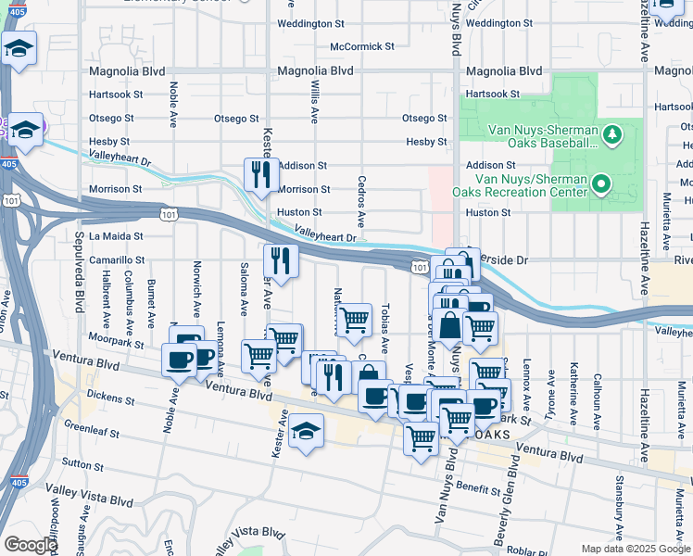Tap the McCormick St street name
[362, 46]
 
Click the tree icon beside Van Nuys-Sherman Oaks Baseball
[611, 136]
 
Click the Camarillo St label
[117, 261]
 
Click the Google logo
[31, 545]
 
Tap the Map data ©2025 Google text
[635, 549]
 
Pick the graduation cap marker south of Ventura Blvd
[306, 433]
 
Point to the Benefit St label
[477, 486]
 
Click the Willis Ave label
[315, 101]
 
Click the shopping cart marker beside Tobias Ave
[354, 321]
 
